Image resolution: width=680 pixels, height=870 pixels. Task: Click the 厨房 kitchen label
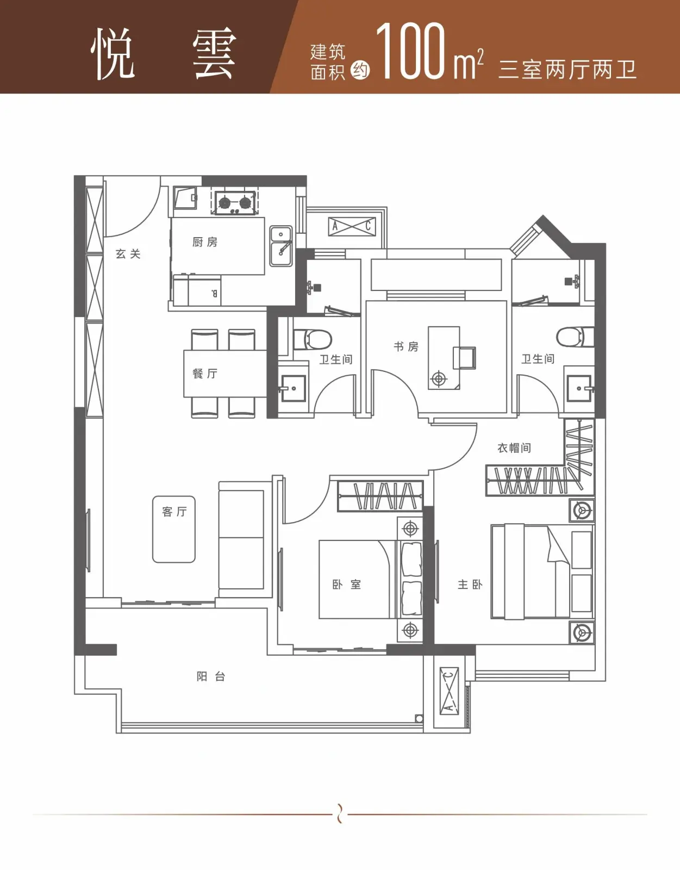coord(204,242)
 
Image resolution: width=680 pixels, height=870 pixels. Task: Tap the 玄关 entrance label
coord(128,254)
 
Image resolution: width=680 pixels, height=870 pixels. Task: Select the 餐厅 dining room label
coord(204,374)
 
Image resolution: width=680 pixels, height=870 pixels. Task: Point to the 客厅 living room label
coord(174,512)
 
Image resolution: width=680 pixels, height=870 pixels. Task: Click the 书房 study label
coord(406,346)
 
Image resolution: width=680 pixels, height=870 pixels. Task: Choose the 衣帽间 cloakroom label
coord(514,448)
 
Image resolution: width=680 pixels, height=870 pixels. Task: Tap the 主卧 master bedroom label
coord(470,585)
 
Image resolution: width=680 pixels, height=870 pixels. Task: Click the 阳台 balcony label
coord(211,676)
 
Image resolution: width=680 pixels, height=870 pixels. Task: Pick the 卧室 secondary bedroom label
coord(347,585)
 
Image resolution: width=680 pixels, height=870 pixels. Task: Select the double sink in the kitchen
coord(281,246)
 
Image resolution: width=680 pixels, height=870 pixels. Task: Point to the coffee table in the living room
coord(174,529)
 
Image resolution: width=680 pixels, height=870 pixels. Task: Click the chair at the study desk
coord(464,358)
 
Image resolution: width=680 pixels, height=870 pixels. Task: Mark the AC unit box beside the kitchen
coord(352,227)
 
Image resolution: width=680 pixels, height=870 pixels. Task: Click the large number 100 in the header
coord(411,51)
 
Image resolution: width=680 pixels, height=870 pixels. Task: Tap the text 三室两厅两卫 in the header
coord(567,70)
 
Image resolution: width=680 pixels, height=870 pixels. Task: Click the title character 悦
coord(113,54)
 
